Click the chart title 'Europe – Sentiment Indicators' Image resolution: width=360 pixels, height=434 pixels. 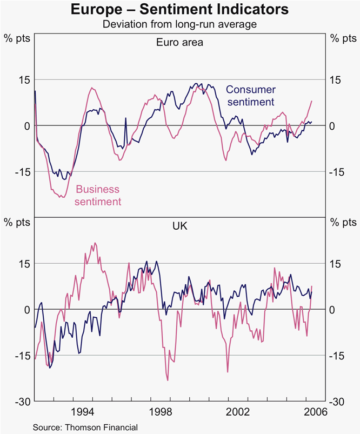click(180, 10)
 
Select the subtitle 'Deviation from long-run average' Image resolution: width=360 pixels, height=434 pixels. click(180, 24)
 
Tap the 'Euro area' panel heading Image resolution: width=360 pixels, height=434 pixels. click(180, 42)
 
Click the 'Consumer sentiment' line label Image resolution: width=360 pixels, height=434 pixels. click(250, 96)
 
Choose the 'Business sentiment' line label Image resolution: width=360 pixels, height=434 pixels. click(98, 196)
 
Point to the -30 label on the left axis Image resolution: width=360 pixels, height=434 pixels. click(22, 402)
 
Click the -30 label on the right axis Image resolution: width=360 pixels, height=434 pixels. click(337, 402)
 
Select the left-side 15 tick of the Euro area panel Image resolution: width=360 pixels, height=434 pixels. click(24, 79)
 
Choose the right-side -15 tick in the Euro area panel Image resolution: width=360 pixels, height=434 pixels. click(337, 172)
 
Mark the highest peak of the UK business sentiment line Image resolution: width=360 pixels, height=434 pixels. click(95, 243)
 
